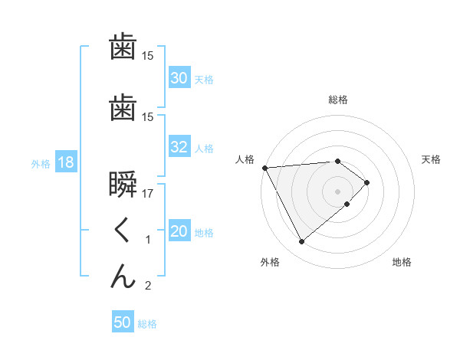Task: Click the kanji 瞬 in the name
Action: [x=123, y=186]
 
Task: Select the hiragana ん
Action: [x=123, y=277]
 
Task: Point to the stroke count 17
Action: [x=148, y=195]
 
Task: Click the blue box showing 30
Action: [x=179, y=78]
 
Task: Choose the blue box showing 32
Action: [x=179, y=148]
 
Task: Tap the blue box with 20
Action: [x=179, y=232]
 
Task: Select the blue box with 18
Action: [x=65, y=163]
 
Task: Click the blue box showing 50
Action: [x=123, y=322]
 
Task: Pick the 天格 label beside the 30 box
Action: [x=204, y=79]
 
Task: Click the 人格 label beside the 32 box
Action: [x=204, y=149]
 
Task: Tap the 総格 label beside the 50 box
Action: [x=147, y=324]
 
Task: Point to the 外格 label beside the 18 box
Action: [x=41, y=164]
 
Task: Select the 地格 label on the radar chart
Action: [x=402, y=262]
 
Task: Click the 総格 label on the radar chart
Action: [x=338, y=100]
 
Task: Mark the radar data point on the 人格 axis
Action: [x=264, y=167]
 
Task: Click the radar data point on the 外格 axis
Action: [x=301, y=242]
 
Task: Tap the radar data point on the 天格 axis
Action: [x=367, y=182]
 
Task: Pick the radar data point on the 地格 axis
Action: [x=347, y=204]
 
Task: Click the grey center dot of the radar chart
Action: [x=338, y=191]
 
